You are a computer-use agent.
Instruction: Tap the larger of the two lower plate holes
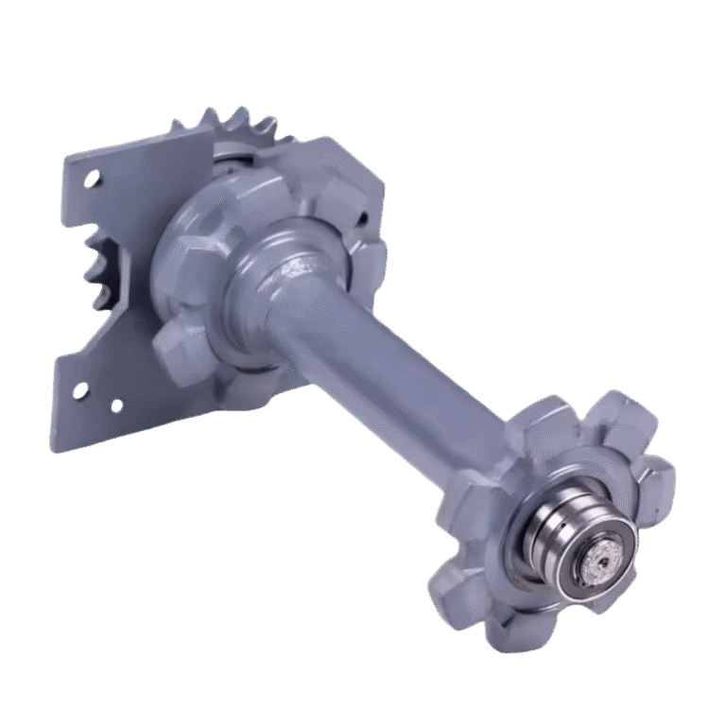[x=79, y=389]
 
